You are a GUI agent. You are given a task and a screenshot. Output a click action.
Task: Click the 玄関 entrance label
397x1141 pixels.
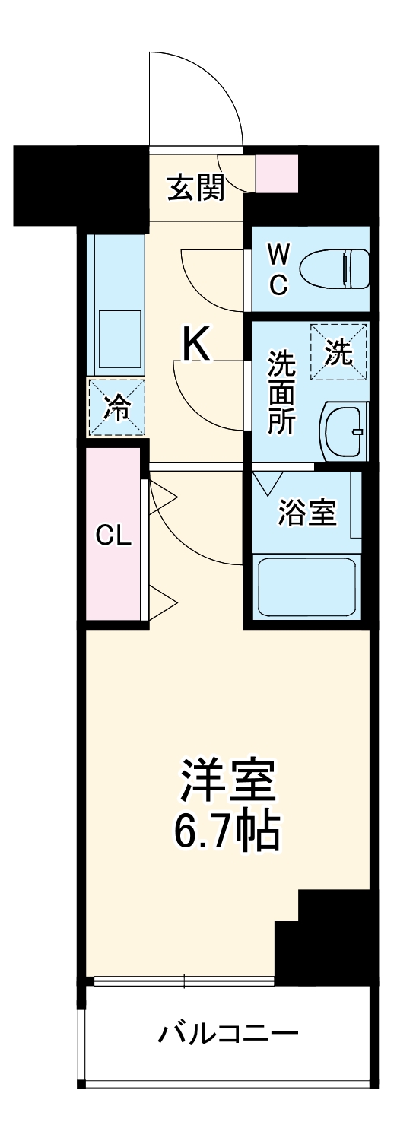(x=196, y=187)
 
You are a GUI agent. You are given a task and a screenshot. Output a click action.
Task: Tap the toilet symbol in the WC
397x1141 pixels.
(x=334, y=268)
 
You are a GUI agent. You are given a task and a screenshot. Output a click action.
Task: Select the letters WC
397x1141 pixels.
(x=278, y=268)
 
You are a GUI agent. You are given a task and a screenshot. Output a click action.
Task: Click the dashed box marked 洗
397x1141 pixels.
(x=338, y=351)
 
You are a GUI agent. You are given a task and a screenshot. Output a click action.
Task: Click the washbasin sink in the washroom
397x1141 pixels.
(x=345, y=431)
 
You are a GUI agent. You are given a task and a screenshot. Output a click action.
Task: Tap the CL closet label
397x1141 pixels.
(x=113, y=536)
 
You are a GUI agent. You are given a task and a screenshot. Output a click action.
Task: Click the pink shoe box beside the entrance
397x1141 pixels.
(x=277, y=173)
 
